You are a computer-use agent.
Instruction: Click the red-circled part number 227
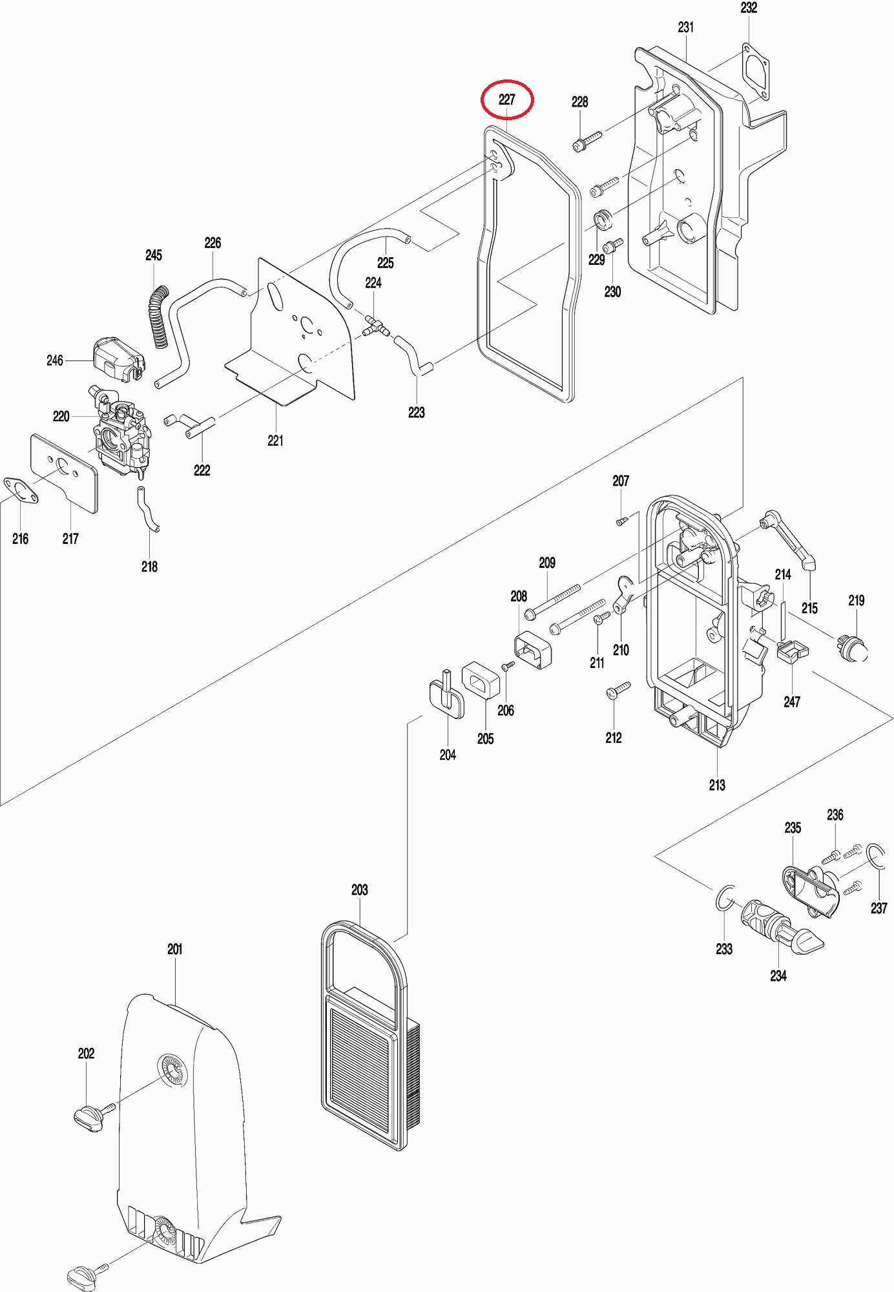507,99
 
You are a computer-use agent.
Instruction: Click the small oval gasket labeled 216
20,489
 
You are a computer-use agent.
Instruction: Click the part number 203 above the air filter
359,890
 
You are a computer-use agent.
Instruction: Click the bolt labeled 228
586,141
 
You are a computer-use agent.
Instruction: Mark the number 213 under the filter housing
717,785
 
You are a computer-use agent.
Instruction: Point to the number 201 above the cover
174,949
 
